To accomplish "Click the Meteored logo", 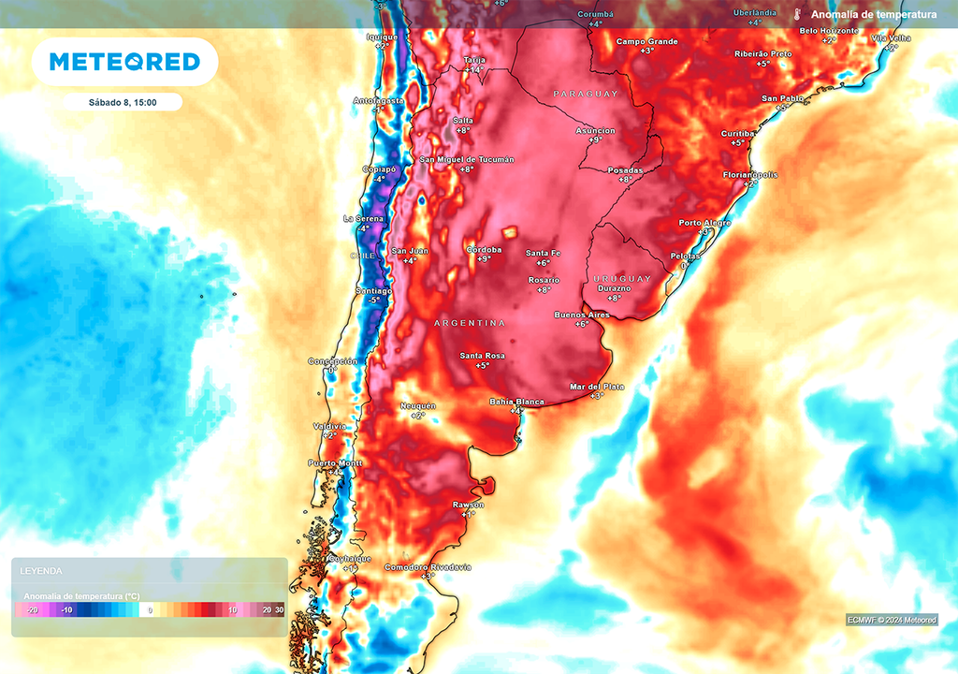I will click(x=124, y=62).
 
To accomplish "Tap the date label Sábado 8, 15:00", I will click(x=123, y=102).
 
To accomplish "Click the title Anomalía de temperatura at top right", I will click(x=874, y=15).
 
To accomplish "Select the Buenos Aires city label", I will click(x=582, y=315).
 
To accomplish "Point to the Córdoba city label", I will click(x=484, y=250).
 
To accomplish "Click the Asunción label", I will click(x=595, y=131).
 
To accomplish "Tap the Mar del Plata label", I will click(x=597, y=387).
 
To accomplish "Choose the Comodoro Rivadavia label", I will click(x=428, y=567).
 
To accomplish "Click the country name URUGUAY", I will click(x=622, y=279).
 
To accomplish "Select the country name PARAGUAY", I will click(x=586, y=95).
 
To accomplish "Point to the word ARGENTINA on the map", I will click(x=469, y=323).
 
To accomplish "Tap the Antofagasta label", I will click(x=379, y=100).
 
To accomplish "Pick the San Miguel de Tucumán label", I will click(x=467, y=160).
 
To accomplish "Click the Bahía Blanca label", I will click(x=516, y=402).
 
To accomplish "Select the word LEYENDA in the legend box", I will click(x=41, y=570).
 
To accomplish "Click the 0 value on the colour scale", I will click(x=150, y=609).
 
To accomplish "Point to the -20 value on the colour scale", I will click(x=32, y=609).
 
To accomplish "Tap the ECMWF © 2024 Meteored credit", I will click(x=892, y=620).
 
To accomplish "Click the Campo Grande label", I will click(x=646, y=41).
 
